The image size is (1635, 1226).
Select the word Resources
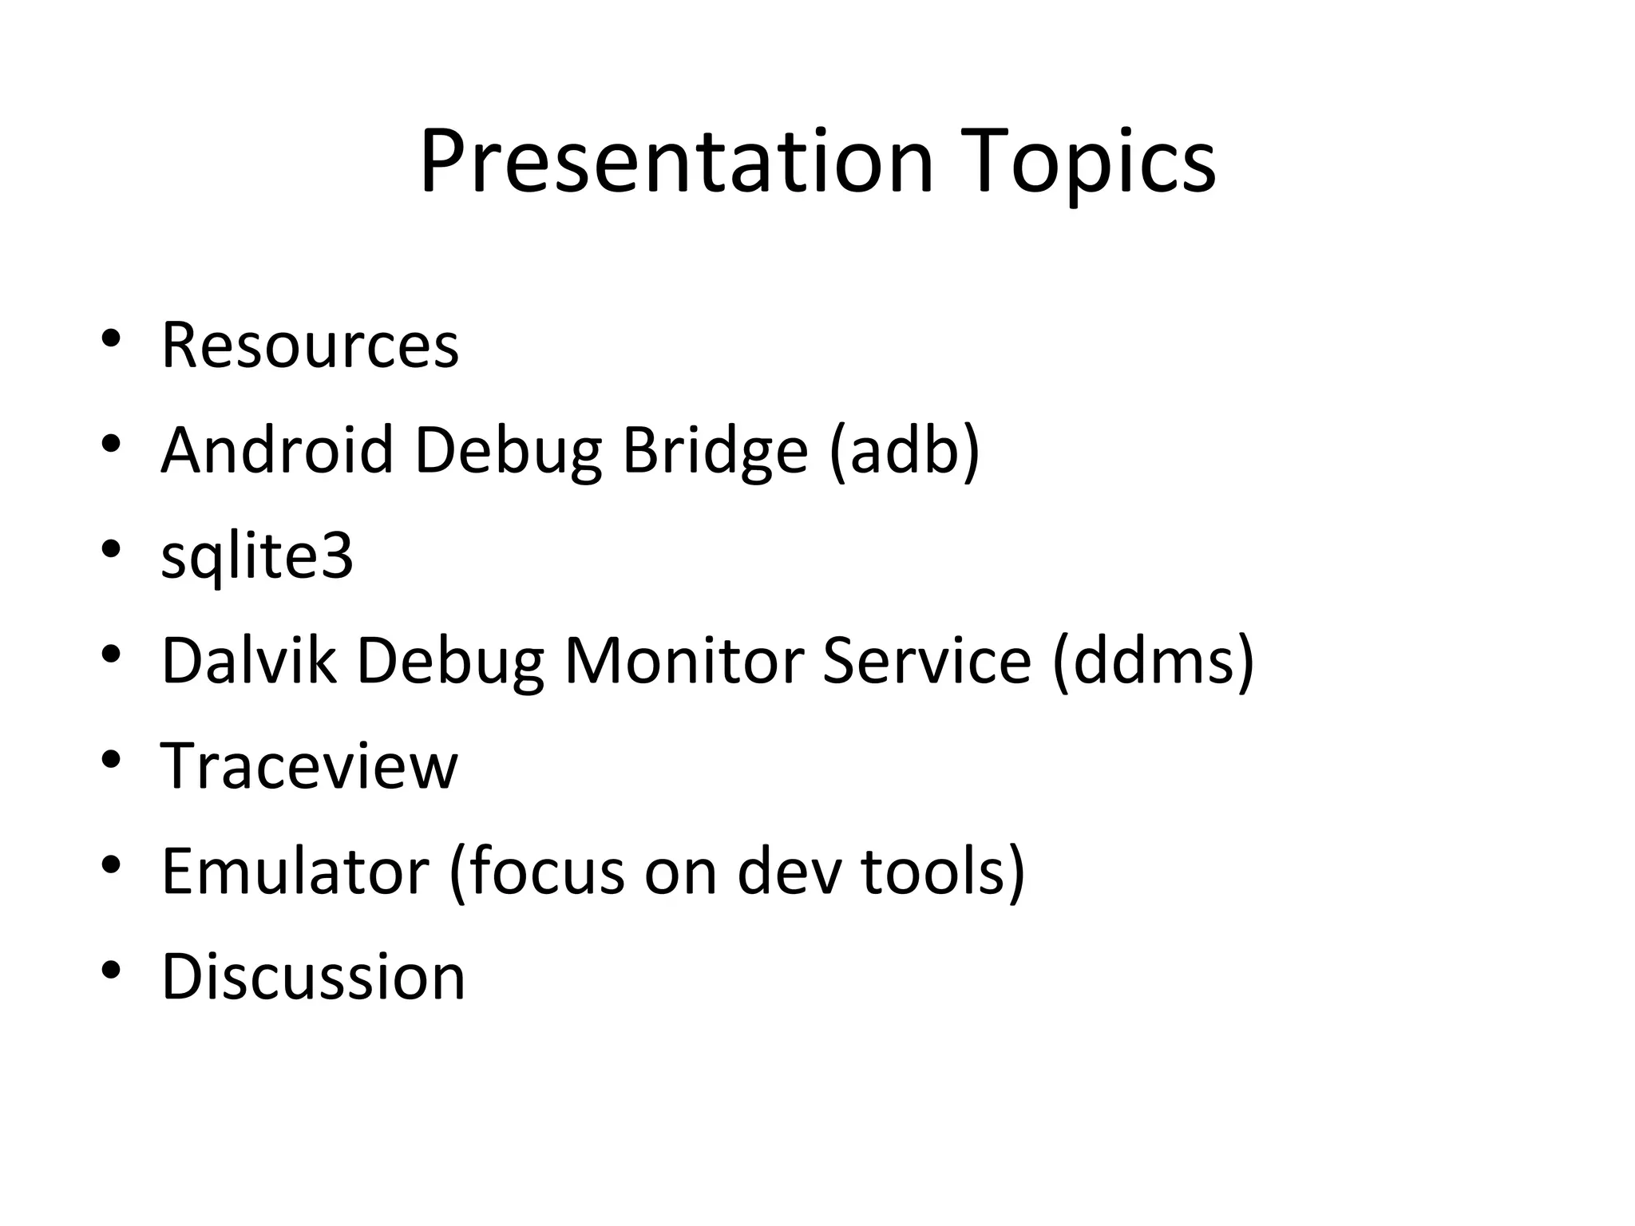[x=310, y=346]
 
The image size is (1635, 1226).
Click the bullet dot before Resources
[x=111, y=338]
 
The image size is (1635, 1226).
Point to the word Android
[x=277, y=450]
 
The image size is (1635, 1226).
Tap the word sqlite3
[x=257, y=556]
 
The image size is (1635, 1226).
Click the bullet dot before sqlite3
[x=111, y=548]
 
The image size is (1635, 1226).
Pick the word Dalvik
[x=248, y=661]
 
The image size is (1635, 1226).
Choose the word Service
[x=927, y=661]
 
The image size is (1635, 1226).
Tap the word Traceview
[x=310, y=766]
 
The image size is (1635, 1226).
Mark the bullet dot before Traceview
[x=111, y=759]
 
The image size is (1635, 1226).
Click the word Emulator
[x=295, y=872]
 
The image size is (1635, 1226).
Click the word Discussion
[x=313, y=977]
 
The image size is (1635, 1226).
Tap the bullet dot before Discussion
[x=111, y=970]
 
